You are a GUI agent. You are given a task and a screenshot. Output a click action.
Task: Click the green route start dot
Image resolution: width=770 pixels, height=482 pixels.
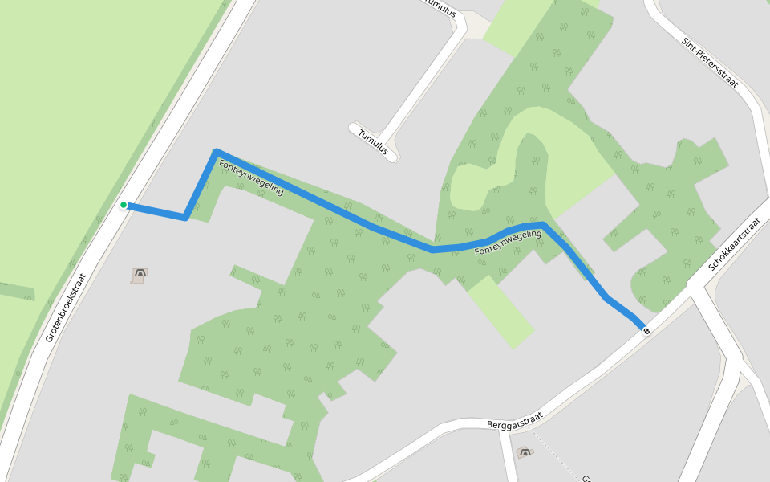[x=124, y=206]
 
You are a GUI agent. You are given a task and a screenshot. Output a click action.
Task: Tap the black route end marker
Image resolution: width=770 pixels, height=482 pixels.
[x=646, y=330]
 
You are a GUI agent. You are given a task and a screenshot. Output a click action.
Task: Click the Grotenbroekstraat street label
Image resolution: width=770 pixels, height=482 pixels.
[x=65, y=307]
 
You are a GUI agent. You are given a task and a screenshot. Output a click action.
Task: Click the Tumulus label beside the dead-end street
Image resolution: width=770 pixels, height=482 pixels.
[x=374, y=141]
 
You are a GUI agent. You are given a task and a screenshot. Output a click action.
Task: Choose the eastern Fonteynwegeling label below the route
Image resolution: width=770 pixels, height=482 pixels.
[x=508, y=243]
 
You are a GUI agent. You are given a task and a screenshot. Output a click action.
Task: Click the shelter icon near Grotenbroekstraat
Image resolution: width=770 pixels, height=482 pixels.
[x=140, y=275]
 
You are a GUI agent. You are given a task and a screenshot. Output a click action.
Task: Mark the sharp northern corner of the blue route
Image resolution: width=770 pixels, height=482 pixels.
[x=217, y=151]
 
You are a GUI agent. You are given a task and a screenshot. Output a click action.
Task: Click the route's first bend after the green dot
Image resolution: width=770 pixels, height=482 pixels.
[x=186, y=217]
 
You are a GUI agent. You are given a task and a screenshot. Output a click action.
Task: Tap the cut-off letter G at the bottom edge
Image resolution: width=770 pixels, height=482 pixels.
[x=585, y=476]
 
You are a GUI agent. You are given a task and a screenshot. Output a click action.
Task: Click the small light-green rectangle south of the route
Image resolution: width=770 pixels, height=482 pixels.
[x=500, y=311]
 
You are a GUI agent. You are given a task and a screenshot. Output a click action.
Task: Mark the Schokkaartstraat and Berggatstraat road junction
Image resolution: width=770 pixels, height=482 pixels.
[x=691, y=291]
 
